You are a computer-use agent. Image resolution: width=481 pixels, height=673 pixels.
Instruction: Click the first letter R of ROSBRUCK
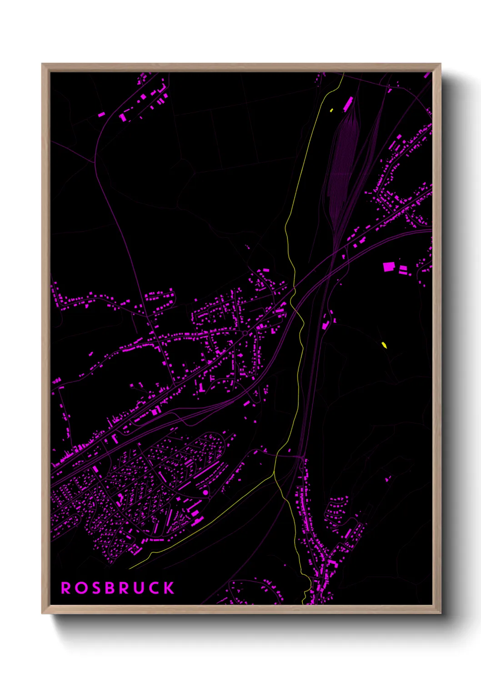click(x=66, y=588)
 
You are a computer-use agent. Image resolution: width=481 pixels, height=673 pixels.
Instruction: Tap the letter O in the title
click(x=81, y=588)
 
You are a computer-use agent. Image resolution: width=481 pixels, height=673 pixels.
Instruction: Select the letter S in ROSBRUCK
click(x=95, y=588)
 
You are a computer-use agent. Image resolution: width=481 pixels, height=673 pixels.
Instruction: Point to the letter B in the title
click(x=109, y=588)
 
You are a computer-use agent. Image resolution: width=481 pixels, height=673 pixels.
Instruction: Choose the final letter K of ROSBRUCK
click(x=169, y=588)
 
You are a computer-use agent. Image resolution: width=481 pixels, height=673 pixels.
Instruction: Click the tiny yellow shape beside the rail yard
click(x=331, y=110)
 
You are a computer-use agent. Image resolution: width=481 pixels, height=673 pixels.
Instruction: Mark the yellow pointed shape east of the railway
click(x=384, y=345)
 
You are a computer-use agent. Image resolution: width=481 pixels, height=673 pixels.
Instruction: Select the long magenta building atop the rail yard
click(x=348, y=104)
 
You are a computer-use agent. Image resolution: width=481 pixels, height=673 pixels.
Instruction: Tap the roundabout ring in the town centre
click(x=245, y=333)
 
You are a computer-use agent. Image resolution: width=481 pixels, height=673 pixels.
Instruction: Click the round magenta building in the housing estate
click(x=205, y=492)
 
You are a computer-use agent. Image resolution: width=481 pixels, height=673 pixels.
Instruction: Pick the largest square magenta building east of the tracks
click(x=388, y=266)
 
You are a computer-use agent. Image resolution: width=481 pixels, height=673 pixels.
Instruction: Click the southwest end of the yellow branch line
click(x=130, y=568)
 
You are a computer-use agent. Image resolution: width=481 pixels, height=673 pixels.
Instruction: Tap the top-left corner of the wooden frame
click(x=42, y=64)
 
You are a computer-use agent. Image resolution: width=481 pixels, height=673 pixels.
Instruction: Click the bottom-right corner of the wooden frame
click(x=440, y=613)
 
